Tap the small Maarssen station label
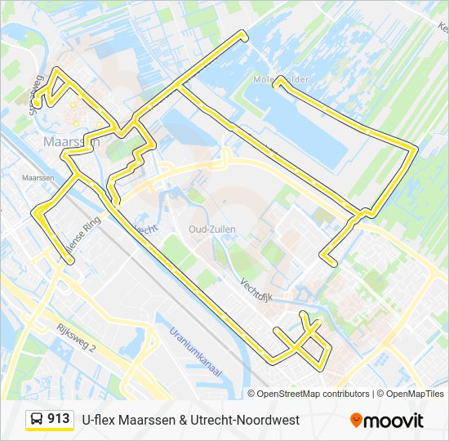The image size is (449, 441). [x=38, y=177]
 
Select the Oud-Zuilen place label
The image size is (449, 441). [x=211, y=229]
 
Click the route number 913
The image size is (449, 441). [x=58, y=419]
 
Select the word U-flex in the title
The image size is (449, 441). [x=98, y=420]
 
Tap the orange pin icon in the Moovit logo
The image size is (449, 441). [x=356, y=421]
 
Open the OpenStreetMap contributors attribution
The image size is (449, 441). [x=313, y=394]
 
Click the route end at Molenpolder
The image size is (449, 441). [x=278, y=80]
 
